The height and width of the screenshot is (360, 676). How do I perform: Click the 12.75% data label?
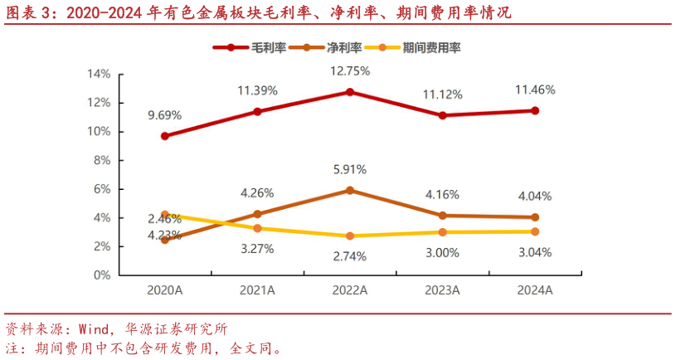coord(350,71)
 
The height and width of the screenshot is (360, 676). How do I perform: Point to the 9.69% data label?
coord(164,115)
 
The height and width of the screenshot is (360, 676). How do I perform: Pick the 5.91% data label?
coord(349,169)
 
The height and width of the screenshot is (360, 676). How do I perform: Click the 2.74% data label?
coord(349,255)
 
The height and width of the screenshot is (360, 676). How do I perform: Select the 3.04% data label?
coord(535,252)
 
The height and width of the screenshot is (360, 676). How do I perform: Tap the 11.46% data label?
coord(535,90)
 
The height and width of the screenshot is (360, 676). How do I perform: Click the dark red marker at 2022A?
coord(350,92)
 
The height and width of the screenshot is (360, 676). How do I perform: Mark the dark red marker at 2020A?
coord(165,136)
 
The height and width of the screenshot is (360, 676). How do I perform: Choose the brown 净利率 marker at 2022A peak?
coord(350,190)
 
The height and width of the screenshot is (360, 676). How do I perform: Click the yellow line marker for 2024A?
coord(535,231)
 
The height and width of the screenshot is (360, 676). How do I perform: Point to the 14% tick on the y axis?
coord(99,74)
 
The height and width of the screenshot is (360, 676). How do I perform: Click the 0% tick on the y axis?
coord(101,275)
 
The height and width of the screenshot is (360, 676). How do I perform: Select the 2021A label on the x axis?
coord(257,290)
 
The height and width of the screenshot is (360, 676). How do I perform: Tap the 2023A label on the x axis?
coord(442,290)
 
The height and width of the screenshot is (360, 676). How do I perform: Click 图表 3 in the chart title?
coord(26,13)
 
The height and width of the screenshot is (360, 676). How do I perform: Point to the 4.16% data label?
coord(442,195)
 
